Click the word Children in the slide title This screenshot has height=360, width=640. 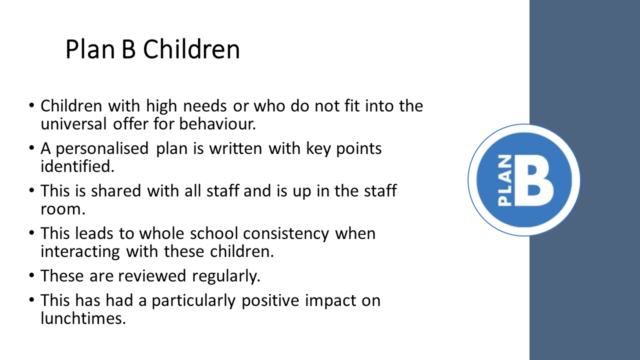click(x=191, y=49)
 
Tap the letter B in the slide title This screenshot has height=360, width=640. click(x=128, y=49)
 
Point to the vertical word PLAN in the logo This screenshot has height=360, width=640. click(x=504, y=180)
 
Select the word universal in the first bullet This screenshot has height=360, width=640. click(x=73, y=124)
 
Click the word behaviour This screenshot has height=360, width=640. click(x=217, y=124)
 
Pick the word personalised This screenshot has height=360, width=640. click(x=102, y=149)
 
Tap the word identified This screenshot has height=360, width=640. click(x=77, y=166)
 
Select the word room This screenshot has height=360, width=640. click(x=63, y=209)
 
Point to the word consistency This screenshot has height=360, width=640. click(x=286, y=233)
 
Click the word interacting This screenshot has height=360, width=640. click(x=80, y=251)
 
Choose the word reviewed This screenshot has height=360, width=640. click(x=152, y=276)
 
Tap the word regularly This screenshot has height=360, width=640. click(x=226, y=276)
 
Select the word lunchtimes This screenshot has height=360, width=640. click(x=83, y=318)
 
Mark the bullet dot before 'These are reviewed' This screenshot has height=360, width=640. click(x=31, y=275)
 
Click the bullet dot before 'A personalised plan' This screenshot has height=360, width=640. click(x=31, y=148)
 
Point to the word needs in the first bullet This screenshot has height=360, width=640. click(x=205, y=106)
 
